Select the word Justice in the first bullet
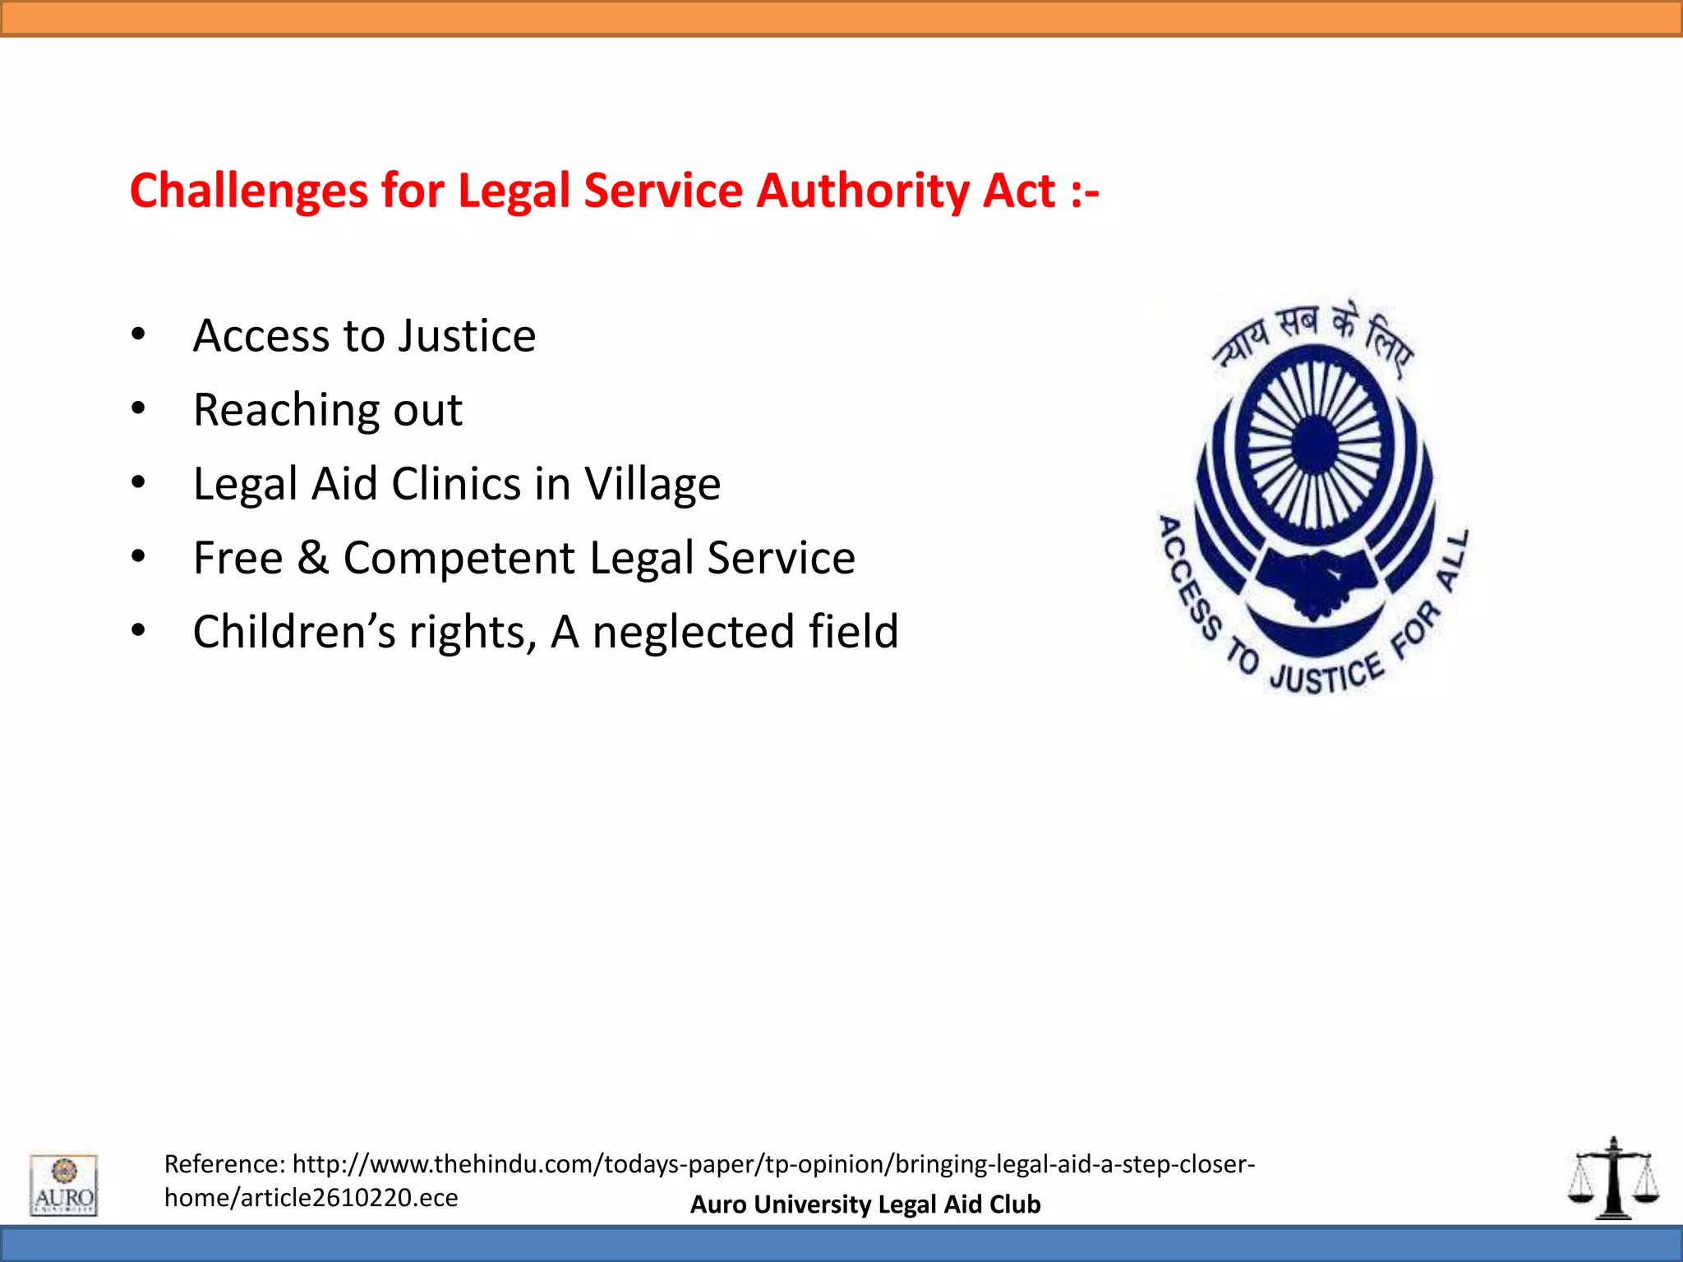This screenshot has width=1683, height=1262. point(468,336)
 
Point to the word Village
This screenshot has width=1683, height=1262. point(652,484)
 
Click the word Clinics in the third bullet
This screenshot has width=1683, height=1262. point(455,484)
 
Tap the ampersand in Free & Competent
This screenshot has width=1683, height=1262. point(312,558)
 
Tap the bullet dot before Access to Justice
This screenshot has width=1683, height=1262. point(138,334)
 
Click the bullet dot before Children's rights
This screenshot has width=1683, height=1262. point(138,630)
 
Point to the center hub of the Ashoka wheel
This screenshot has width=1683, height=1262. point(1316,445)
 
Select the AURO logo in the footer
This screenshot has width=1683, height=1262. point(64,1185)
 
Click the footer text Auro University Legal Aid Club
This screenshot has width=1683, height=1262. point(865,1204)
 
